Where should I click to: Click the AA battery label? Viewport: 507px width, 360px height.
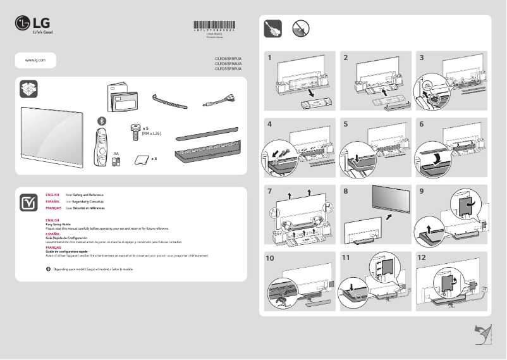click(x=116, y=153)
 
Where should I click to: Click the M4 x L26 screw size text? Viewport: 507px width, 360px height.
click(x=152, y=133)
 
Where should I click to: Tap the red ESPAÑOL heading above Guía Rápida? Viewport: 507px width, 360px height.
click(x=52, y=233)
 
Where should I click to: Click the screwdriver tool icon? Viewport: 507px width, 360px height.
click(x=272, y=28)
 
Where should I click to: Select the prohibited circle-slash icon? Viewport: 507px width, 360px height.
click(x=300, y=28)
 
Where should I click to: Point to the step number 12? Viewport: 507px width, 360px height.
click(x=422, y=258)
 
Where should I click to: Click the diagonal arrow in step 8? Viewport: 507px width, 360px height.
click(x=388, y=216)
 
